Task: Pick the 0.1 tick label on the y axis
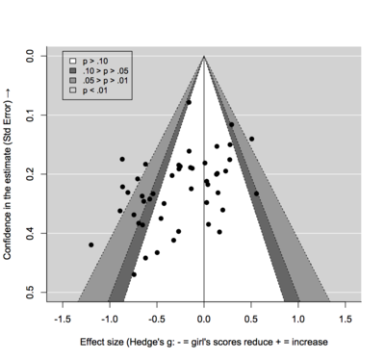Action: click(x=30, y=116)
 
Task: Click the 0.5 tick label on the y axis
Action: click(x=30, y=291)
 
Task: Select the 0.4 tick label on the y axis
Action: click(x=30, y=233)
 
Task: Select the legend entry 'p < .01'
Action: click(x=94, y=91)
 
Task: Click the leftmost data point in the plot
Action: click(x=91, y=244)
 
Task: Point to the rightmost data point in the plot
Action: click(x=256, y=193)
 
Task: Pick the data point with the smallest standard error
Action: click(x=189, y=102)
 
